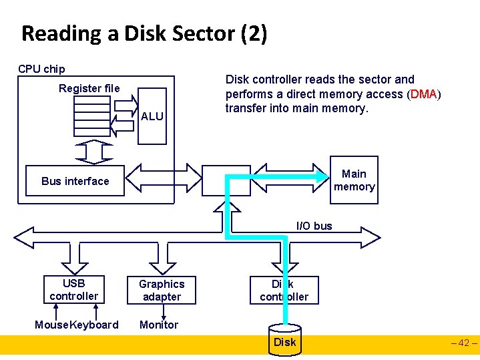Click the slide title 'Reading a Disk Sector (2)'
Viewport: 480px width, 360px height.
tap(144, 33)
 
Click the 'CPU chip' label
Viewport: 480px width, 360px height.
tap(41, 69)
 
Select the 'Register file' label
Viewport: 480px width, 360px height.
tap(89, 88)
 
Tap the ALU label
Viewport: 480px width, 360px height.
tap(152, 116)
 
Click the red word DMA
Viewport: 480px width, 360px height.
tap(424, 94)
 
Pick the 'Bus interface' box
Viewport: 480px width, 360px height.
tap(75, 181)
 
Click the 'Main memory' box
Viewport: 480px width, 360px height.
tap(354, 180)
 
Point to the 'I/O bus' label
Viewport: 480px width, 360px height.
tap(314, 226)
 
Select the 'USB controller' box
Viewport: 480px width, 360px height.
tap(73, 289)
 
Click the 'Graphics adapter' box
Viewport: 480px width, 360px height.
tap(162, 290)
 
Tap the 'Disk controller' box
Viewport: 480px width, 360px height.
tap(284, 290)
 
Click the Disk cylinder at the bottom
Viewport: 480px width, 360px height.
tap(284, 341)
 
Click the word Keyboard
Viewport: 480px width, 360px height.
tap(94, 325)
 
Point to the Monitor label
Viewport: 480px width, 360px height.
tap(158, 325)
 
